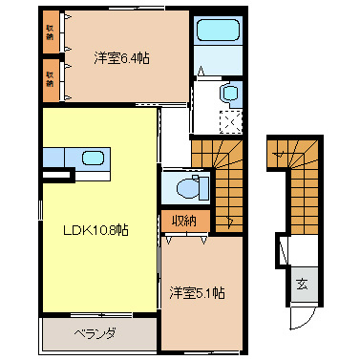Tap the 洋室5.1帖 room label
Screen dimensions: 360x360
pyautogui.click(x=198, y=290)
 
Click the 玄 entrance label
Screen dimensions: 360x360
pyautogui.click(x=302, y=284)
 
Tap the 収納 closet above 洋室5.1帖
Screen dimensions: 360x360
pyautogui.click(x=184, y=221)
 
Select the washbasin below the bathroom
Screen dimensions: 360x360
pyautogui.click(x=229, y=94)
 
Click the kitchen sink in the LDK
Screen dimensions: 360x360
pyautogui.click(x=94, y=158)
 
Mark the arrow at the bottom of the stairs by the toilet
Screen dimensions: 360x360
pyautogui.click(x=230, y=222)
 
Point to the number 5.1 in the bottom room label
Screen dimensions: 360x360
pyautogui.click(x=209, y=290)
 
